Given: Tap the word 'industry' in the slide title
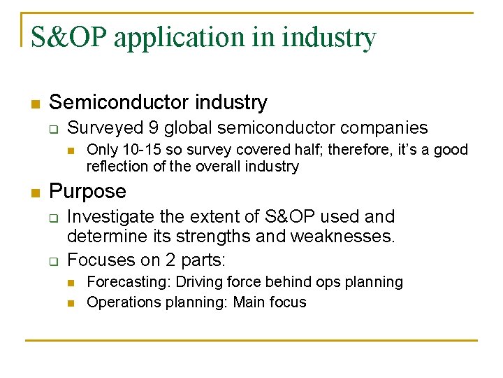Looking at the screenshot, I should click(x=330, y=38).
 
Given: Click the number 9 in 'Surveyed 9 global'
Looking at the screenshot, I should click(x=154, y=127).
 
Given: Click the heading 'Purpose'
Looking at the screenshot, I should click(x=88, y=191).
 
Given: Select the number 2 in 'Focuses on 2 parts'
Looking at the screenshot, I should click(x=171, y=260).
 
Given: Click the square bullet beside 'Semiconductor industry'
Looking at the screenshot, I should click(x=35, y=104).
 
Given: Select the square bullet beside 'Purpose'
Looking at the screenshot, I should click(x=35, y=192).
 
